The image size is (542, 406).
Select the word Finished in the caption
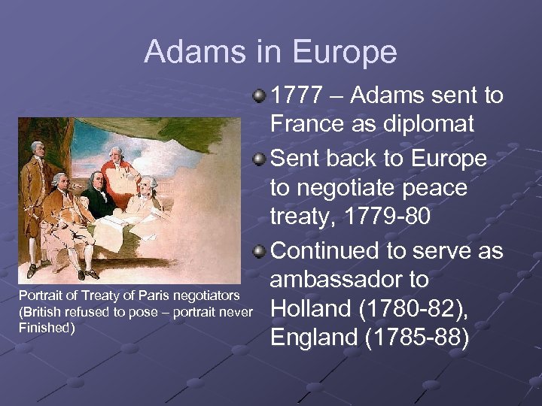pyautogui.click(x=47, y=327)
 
